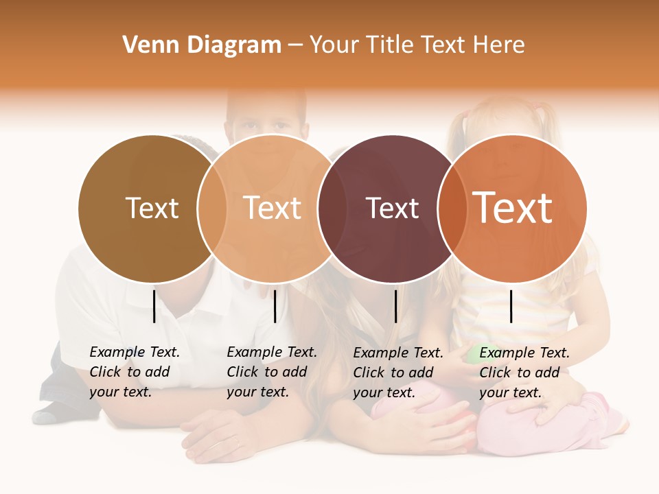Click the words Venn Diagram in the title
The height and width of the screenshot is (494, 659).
point(202,45)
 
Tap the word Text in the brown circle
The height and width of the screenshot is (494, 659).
point(152,208)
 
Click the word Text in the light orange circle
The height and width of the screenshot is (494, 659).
point(273,208)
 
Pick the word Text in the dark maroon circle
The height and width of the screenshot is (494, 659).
point(392,208)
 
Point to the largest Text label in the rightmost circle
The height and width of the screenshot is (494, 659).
point(513,208)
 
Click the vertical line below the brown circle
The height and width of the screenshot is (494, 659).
point(154,306)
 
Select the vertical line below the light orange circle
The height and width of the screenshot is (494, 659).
point(275,306)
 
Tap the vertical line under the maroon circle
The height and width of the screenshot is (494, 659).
point(395,306)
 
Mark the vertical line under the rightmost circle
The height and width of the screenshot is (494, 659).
point(511,306)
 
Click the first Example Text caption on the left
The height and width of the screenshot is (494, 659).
point(135,372)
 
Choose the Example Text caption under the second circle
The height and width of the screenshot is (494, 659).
point(272,372)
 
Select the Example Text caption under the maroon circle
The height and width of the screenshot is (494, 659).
point(398,373)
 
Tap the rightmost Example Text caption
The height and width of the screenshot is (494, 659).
point(524,373)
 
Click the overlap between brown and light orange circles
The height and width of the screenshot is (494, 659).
point(212,209)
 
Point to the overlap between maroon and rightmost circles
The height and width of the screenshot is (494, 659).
point(452,209)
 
